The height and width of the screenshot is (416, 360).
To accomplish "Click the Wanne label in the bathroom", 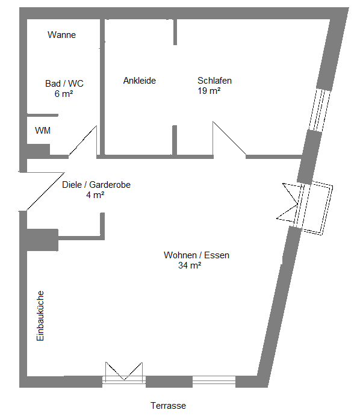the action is [x=61, y=35].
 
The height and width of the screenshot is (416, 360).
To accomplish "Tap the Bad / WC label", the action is [x=64, y=84].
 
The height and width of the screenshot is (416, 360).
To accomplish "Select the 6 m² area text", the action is [x=64, y=94].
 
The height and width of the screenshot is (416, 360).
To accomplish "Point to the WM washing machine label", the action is [x=43, y=131].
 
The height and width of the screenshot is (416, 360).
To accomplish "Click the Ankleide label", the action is [x=140, y=81].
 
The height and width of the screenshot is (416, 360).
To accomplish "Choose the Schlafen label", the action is [x=215, y=81].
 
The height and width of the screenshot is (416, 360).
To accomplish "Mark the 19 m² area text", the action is [x=209, y=91].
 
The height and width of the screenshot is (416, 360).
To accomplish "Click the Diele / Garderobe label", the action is [x=96, y=185].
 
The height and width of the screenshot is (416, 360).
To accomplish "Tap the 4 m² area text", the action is [x=95, y=195].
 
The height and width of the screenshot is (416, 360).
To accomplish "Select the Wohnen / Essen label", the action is [x=197, y=255].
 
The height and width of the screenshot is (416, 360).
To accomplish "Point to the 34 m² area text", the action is [x=190, y=265].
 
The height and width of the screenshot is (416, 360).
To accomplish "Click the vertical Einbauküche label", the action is [x=40, y=315].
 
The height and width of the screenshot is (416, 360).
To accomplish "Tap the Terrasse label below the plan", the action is [x=168, y=406].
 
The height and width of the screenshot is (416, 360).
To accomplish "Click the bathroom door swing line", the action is [x=82, y=141].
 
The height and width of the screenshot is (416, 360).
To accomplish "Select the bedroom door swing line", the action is [x=229, y=138].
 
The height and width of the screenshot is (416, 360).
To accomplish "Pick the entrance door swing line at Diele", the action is [x=46, y=191].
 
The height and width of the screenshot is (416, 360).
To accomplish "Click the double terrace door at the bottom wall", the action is [x=124, y=373].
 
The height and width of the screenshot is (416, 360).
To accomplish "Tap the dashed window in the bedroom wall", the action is [x=320, y=110].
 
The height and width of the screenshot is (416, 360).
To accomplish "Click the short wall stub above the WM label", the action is [x=43, y=115].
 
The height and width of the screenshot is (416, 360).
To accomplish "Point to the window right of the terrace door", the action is [x=214, y=380].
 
